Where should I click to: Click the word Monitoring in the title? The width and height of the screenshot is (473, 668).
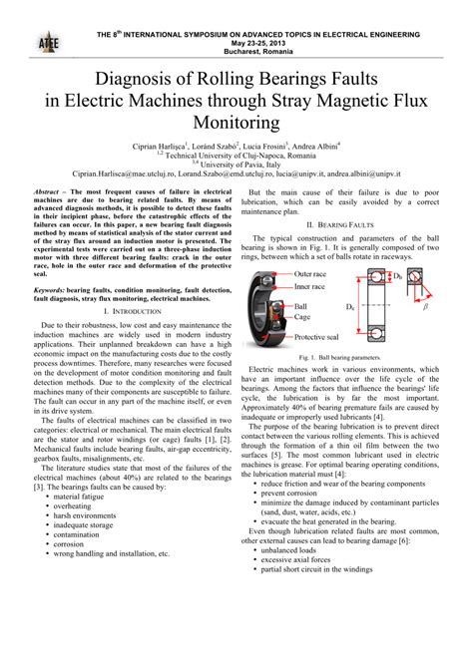pyautogui.click(x=236, y=123)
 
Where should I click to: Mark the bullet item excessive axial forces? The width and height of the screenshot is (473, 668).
pyautogui.click(x=304, y=642)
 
